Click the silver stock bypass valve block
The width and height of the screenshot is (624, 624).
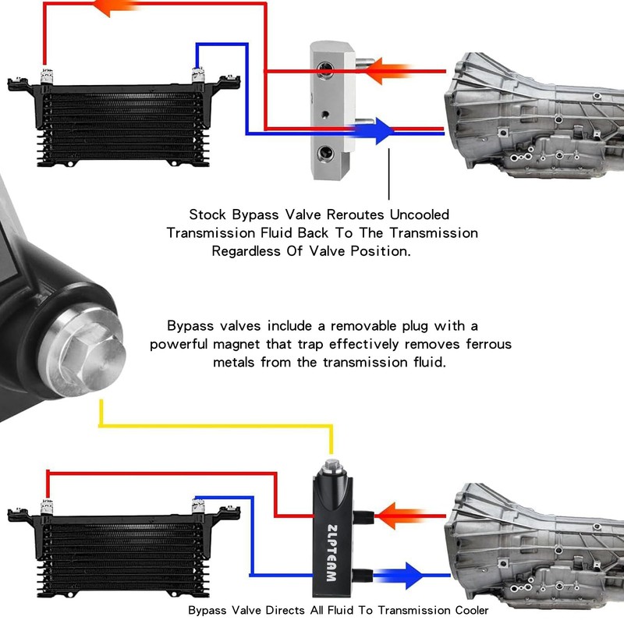click(331, 109)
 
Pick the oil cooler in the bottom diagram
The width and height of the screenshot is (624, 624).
click(121, 546)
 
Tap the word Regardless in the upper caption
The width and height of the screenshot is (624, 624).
click(248, 251)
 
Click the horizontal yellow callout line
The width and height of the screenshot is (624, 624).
click(218, 427)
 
